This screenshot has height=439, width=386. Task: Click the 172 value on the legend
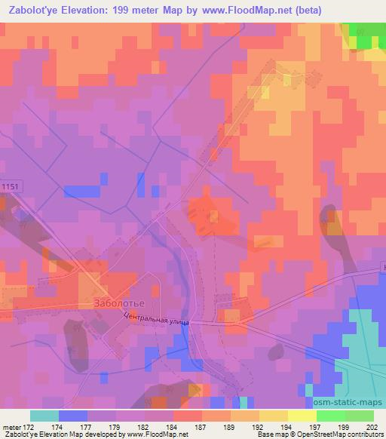click(x=29, y=427)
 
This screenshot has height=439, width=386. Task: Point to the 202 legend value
click(x=373, y=427)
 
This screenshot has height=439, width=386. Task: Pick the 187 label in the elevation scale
click(x=201, y=427)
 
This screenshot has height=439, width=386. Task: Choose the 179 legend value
click(x=115, y=427)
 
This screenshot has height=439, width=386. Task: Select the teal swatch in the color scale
click(x=44, y=416)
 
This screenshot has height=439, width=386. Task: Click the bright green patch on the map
click(x=368, y=35)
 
